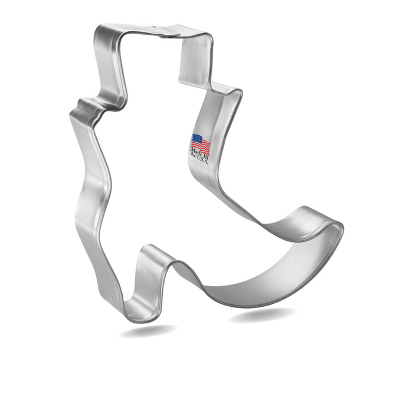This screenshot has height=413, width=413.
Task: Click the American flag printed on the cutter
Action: pyautogui.click(x=201, y=143)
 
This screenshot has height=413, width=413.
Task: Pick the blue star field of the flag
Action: pyautogui.click(x=196, y=139)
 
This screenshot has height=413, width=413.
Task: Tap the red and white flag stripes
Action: pyautogui.click(x=204, y=146)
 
